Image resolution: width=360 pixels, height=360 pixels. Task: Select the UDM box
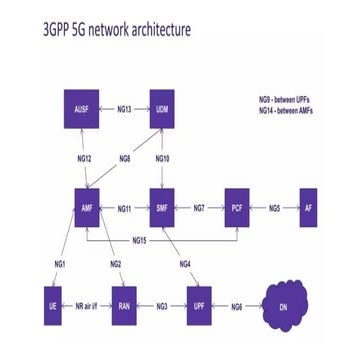[163, 109]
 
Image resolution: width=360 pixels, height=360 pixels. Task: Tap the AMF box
[86, 208]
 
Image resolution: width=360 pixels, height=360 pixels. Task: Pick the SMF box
[163, 208]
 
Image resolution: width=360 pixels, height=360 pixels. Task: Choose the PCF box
[237, 208]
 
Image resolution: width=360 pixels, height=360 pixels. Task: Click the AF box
[307, 208]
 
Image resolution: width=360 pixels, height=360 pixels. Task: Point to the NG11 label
[125, 208]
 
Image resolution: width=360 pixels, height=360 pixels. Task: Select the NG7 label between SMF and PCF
[200, 208]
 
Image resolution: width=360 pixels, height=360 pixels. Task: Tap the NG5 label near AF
[273, 208]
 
